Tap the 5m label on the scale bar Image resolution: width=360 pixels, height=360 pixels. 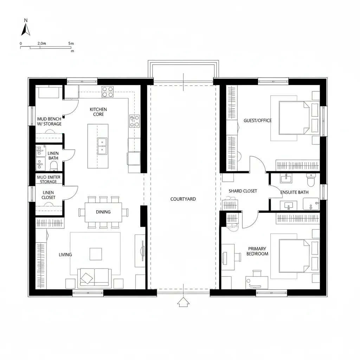(x=71, y=43)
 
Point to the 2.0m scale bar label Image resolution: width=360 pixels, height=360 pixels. (x=41, y=43)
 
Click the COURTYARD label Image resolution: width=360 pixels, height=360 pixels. (x=183, y=199)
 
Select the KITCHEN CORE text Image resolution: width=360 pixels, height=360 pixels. (x=98, y=112)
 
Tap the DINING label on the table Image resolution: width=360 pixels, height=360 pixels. (x=103, y=212)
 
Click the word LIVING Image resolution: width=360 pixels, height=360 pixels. (x=65, y=255)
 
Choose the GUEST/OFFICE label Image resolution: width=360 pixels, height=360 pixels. (x=257, y=121)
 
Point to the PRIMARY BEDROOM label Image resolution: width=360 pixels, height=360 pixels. (x=257, y=251)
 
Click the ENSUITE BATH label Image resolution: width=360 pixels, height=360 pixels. (x=294, y=192)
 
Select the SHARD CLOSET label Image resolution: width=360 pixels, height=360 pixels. (x=243, y=191)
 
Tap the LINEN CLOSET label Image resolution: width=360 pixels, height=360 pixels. (x=49, y=195)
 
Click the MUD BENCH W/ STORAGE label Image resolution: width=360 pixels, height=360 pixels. (x=49, y=121)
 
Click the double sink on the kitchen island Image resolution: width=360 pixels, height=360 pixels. (x=102, y=146)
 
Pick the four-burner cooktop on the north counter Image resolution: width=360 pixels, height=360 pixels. (x=108, y=91)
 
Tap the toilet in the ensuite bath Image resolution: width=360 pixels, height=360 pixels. (x=311, y=180)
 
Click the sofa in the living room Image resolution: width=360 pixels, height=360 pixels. (x=94, y=277)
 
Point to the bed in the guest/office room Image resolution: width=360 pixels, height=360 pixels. (x=294, y=117)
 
